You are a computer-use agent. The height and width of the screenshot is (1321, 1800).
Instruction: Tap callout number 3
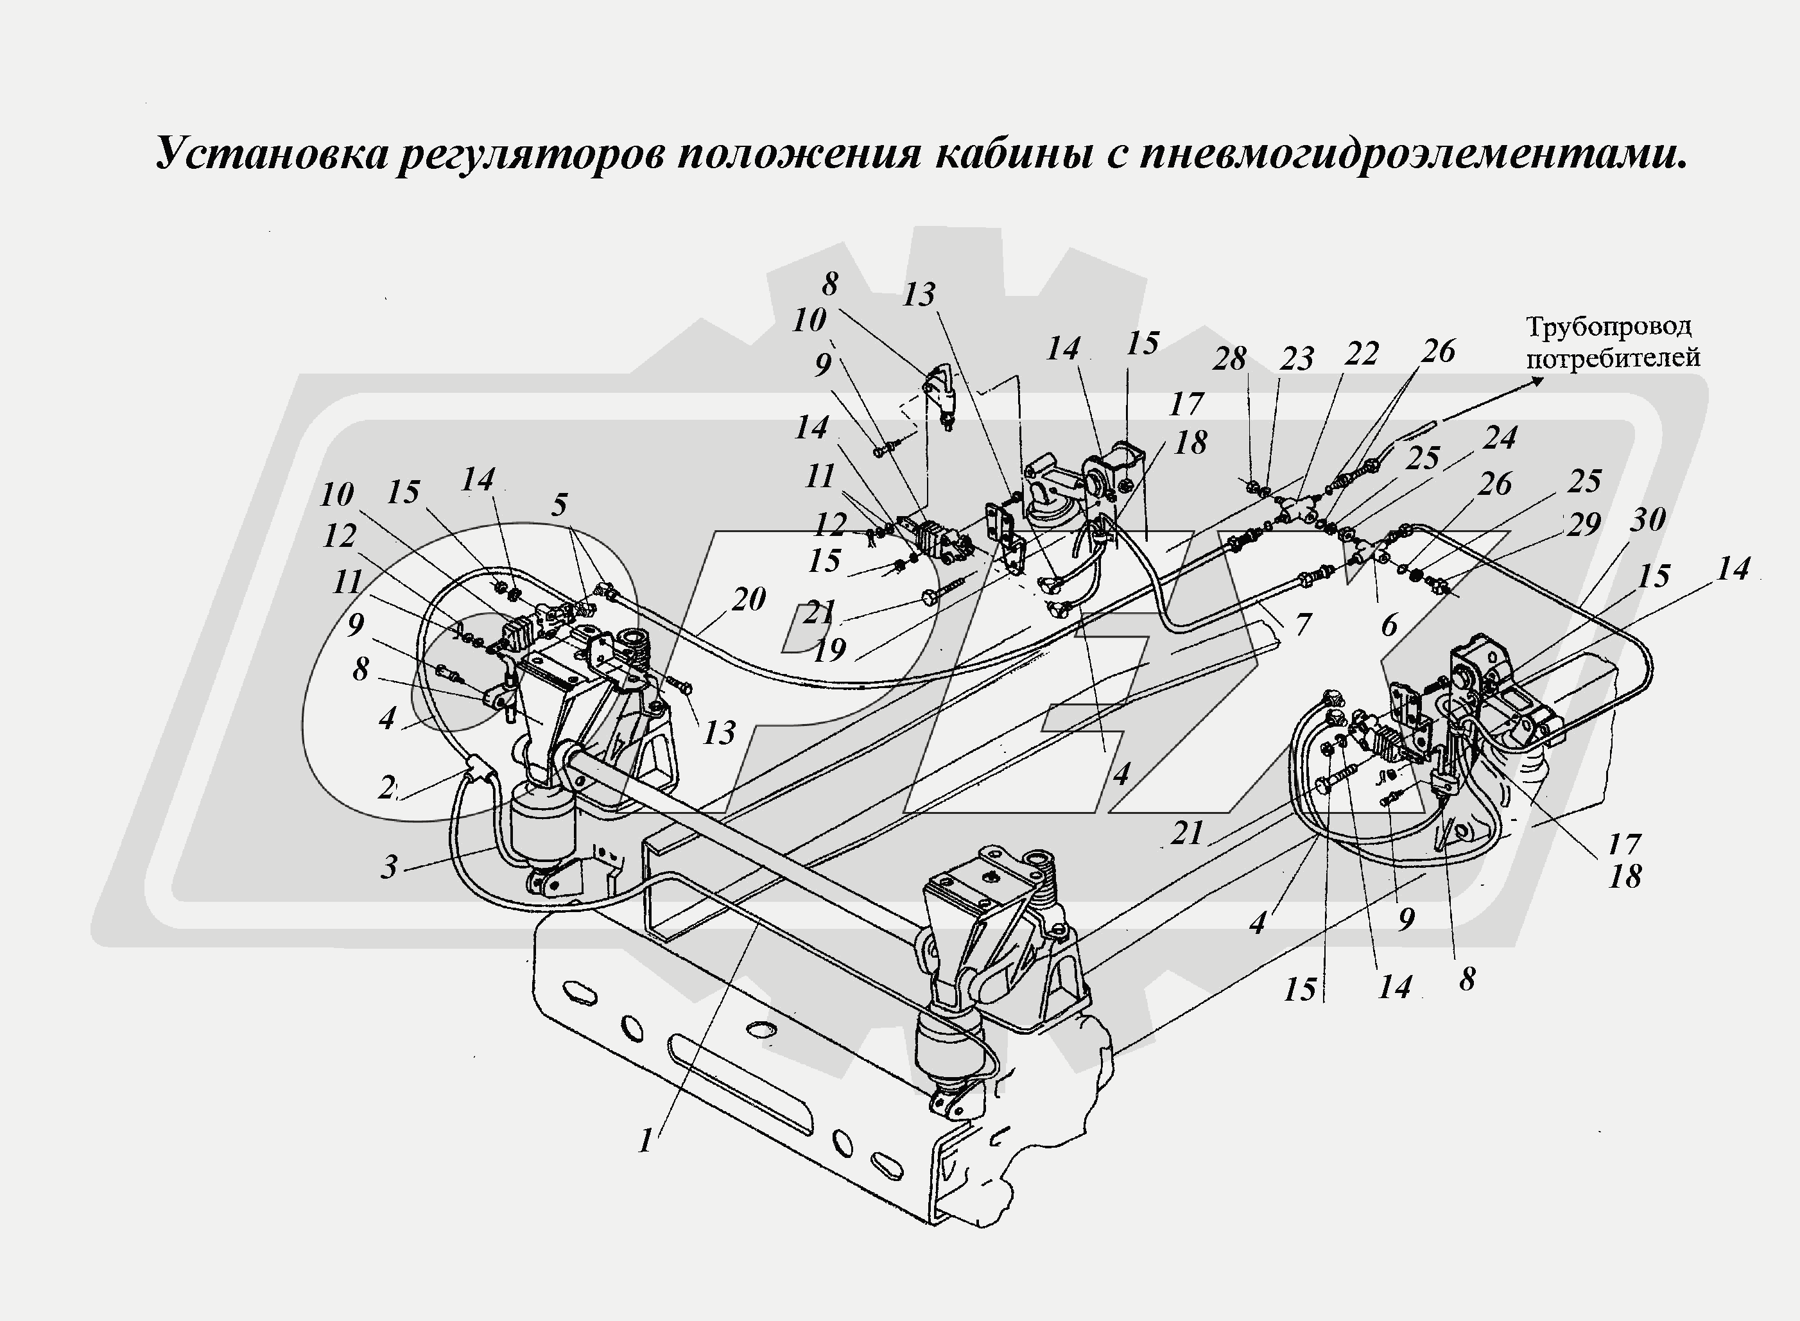[388, 867]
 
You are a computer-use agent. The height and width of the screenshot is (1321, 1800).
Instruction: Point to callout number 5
[559, 505]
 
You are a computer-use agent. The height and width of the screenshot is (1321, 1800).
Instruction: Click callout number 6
[1389, 625]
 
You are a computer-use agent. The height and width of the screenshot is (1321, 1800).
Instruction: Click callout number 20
[749, 599]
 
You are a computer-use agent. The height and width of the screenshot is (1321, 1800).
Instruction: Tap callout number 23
[1296, 359]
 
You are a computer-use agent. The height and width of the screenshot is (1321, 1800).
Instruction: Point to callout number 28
[1229, 359]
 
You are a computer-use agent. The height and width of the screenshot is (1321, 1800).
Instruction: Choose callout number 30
[1648, 521]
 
